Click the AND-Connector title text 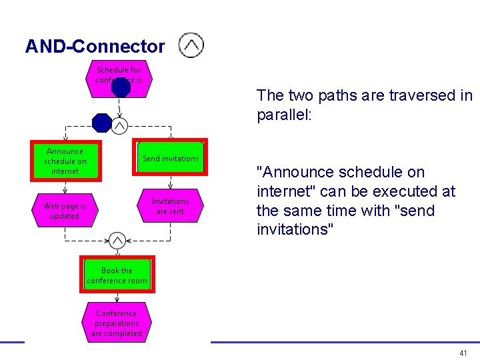click(x=95, y=47)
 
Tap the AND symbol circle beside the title click(x=191, y=45)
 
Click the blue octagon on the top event click(x=121, y=87)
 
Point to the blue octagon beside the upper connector click(x=102, y=123)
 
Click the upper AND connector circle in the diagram click(x=119, y=125)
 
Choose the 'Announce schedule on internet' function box click(x=65, y=161)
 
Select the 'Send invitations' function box click(x=171, y=158)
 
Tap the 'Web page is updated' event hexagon click(x=65, y=211)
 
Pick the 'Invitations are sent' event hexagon click(x=170, y=206)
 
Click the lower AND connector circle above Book click(x=117, y=240)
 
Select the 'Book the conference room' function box click(x=117, y=275)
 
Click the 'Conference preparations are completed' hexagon click(x=117, y=323)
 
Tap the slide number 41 click(x=463, y=353)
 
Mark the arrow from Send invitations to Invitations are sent click(x=171, y=181)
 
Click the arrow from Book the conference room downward click(x=117, y=297)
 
